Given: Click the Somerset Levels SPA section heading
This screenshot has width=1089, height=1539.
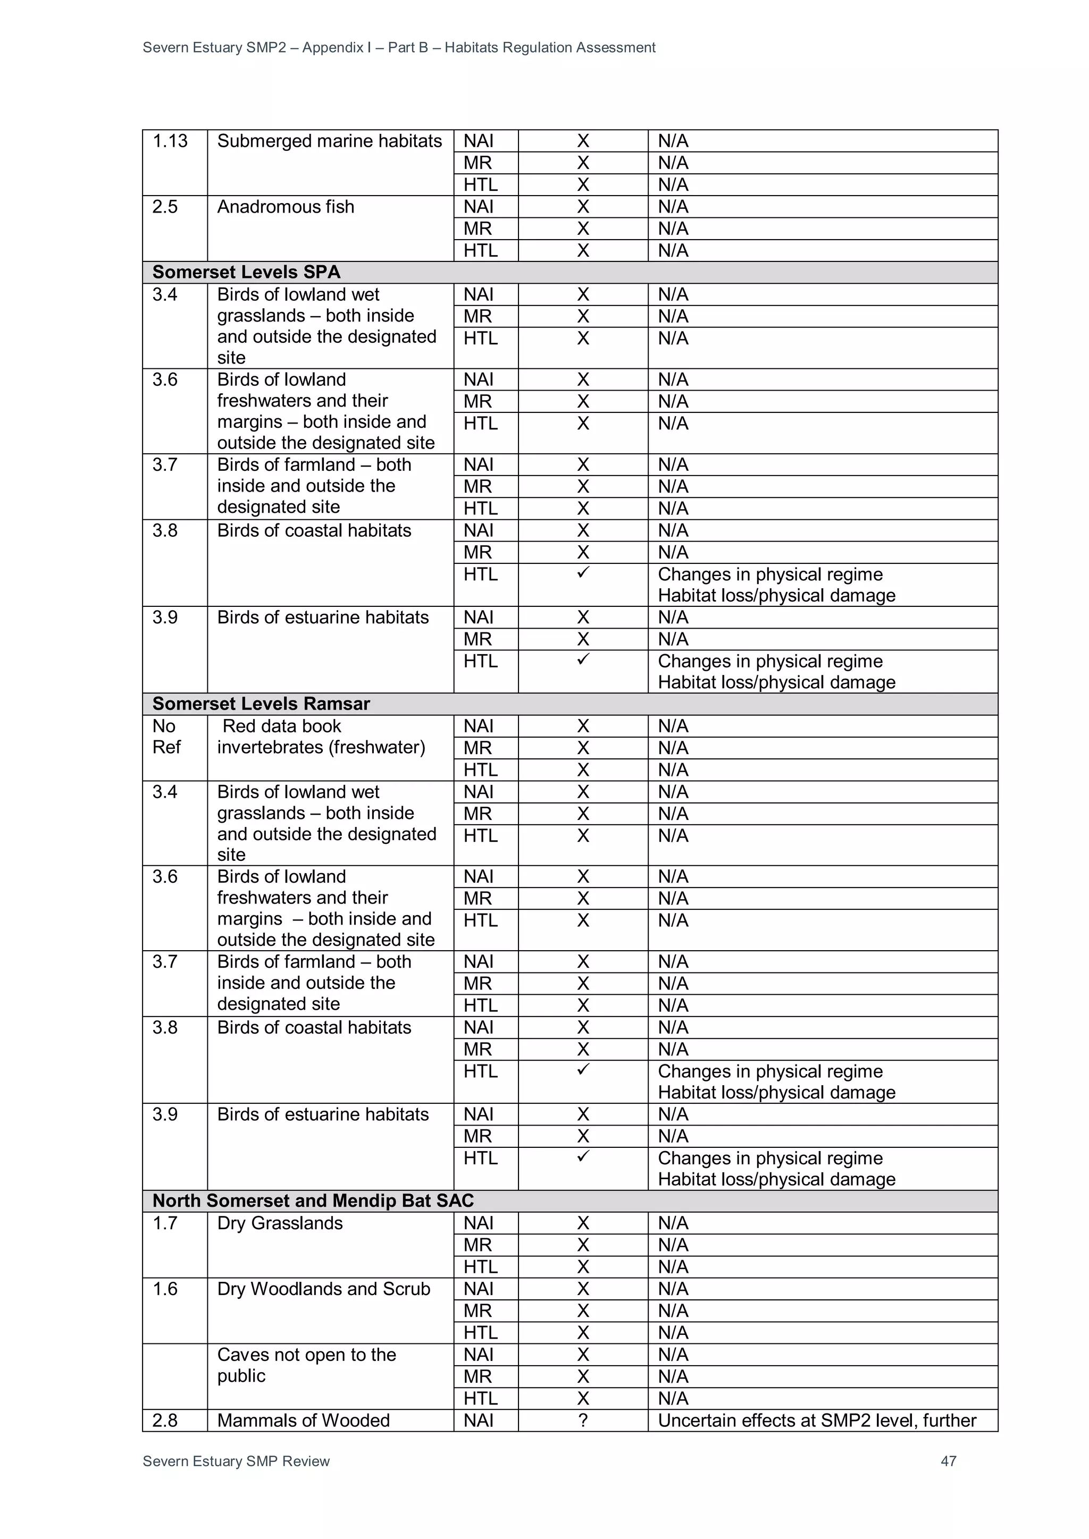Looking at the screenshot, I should pos(246,272).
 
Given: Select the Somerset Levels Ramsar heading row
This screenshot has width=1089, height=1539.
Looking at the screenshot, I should pos(261,704).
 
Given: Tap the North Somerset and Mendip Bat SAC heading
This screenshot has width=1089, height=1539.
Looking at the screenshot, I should pos(313,1200).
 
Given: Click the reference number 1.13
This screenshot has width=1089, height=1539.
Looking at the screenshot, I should pos(170,141).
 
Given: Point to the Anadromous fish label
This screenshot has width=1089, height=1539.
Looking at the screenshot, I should pos(286,207).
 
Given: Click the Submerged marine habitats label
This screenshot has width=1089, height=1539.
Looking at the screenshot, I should pos(329,141).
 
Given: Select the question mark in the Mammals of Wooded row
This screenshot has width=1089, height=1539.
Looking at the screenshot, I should pos(583,1420).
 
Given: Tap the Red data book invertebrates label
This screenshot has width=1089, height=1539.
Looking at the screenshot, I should pos(321,737).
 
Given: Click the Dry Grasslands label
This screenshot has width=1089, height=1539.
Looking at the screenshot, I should pos(280,1223).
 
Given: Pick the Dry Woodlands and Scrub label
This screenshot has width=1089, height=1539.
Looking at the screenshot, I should pos(323,1289).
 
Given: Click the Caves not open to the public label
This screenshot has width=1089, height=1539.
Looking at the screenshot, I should pos(306,1365).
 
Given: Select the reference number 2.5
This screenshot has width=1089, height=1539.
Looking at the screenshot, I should pos(165,207).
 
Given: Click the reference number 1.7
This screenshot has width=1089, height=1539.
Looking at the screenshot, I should pos(165,1223).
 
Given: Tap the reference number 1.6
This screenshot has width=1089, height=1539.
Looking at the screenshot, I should pos(165,1289).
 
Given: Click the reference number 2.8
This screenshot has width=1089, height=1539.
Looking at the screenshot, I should pos(165,1420).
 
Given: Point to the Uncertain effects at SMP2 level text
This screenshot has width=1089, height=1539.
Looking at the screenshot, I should pos(817,1420).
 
